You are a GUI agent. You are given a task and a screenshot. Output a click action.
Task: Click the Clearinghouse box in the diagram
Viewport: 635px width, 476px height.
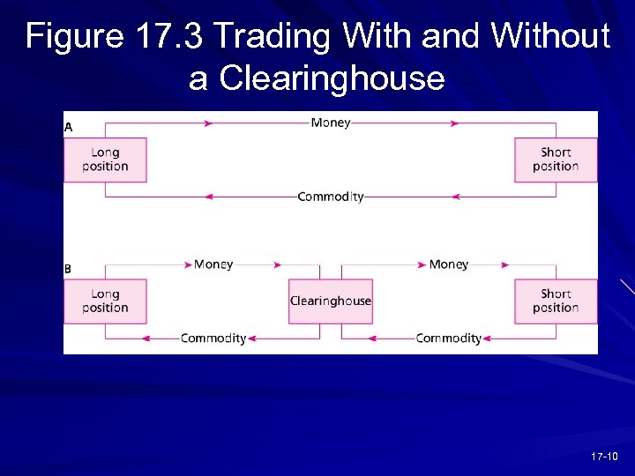331,301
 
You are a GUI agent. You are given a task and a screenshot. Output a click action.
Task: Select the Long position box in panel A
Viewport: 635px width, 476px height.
105,160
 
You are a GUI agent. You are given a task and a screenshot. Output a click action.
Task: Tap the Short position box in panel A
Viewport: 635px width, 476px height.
556,160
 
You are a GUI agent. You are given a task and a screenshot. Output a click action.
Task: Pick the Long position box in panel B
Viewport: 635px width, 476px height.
105,301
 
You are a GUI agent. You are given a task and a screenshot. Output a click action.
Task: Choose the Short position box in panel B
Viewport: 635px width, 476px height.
556,301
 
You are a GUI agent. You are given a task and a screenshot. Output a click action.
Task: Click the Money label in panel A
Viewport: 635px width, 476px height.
331,123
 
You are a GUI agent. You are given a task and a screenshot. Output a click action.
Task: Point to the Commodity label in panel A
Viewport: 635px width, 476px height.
331,197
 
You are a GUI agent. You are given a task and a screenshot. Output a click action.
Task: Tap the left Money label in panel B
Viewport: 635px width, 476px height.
213,264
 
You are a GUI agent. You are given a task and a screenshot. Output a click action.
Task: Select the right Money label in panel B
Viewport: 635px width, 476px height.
449,264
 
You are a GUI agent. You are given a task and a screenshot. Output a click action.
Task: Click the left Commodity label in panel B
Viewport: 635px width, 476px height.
213,338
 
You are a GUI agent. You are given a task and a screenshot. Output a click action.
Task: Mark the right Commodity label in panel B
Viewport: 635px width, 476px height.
449,338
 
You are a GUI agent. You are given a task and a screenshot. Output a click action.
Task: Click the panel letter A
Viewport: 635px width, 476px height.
69,128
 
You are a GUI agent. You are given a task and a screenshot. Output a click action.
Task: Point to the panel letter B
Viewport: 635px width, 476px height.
69,269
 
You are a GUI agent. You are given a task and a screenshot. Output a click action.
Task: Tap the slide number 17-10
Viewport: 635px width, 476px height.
606,456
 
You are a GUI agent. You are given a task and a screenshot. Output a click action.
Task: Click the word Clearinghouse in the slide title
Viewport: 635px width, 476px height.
332,78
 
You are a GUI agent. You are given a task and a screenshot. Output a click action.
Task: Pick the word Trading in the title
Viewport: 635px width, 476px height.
273,37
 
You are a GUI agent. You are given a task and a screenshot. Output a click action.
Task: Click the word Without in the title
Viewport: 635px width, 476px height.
550,37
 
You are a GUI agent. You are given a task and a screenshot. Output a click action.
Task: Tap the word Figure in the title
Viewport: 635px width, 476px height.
76,37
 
